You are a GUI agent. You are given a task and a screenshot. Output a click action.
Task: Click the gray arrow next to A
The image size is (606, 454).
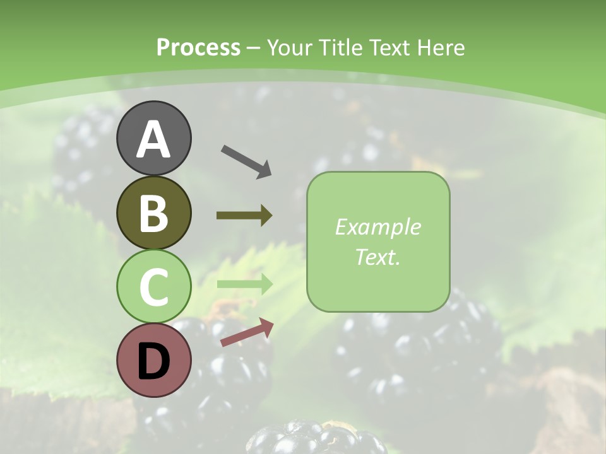pos(246,161)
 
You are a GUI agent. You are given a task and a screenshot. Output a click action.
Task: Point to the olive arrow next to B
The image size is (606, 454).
pos(244,216)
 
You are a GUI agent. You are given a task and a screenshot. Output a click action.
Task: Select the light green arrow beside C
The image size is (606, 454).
pos(244,284)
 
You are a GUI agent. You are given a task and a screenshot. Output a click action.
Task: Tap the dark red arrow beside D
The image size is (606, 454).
pos(247,332)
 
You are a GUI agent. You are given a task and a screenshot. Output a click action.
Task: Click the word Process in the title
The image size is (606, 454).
pos(198,47)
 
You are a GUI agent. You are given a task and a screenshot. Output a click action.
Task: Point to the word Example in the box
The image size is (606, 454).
pos(377,227)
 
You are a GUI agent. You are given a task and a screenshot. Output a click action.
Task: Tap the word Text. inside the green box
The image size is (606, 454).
pos(377,257)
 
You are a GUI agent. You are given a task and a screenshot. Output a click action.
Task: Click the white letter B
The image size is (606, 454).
pos(153,213)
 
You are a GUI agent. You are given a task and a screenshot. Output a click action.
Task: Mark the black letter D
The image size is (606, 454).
pos(153,361)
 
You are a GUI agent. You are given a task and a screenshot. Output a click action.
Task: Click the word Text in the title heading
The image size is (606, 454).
pos(389,47)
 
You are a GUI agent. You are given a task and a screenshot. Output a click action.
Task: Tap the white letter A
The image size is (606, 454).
pos(153,139)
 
